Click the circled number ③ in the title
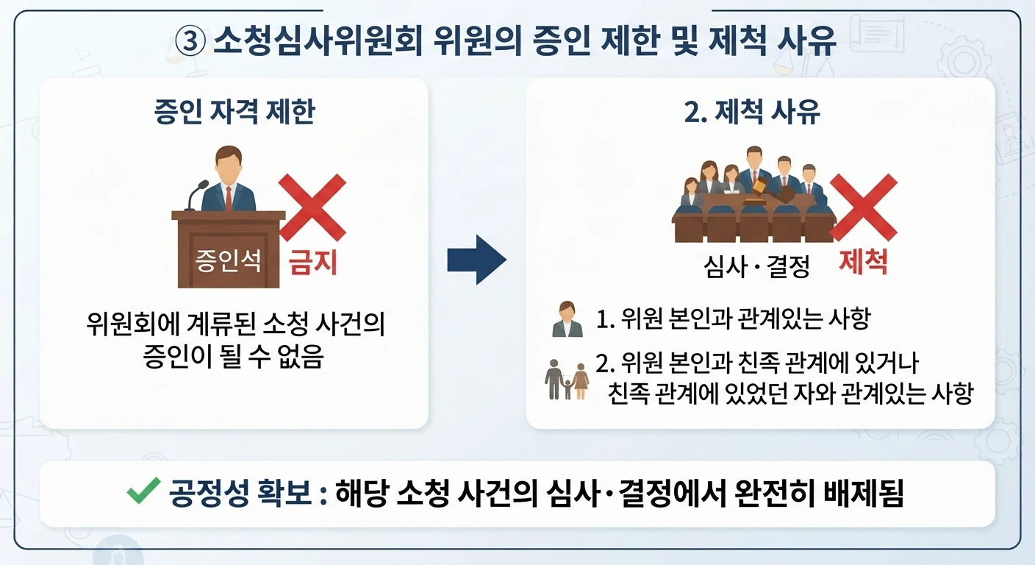[x=190, y=40]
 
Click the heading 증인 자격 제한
[x=234, y=111]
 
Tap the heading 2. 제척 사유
[x=752, y=111]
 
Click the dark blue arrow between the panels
[x=477, y=260]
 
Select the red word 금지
[x=313, y=262]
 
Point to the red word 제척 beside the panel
[x=863, y=262]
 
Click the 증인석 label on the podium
[x=229, y=260]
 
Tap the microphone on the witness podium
[x=196, y=195]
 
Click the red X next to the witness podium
[x=312, y=207]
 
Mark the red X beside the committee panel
[x=864, y=207]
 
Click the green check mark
[x=143, y=490]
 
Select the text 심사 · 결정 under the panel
[x=756, y=267]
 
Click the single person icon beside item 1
[x=567, y=319]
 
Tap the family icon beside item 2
[x=567, y=380]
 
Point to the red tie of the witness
[x=229, y=199]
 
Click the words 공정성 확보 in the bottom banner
[x=240, y=493]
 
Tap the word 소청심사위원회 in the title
[x=318, y=40]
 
